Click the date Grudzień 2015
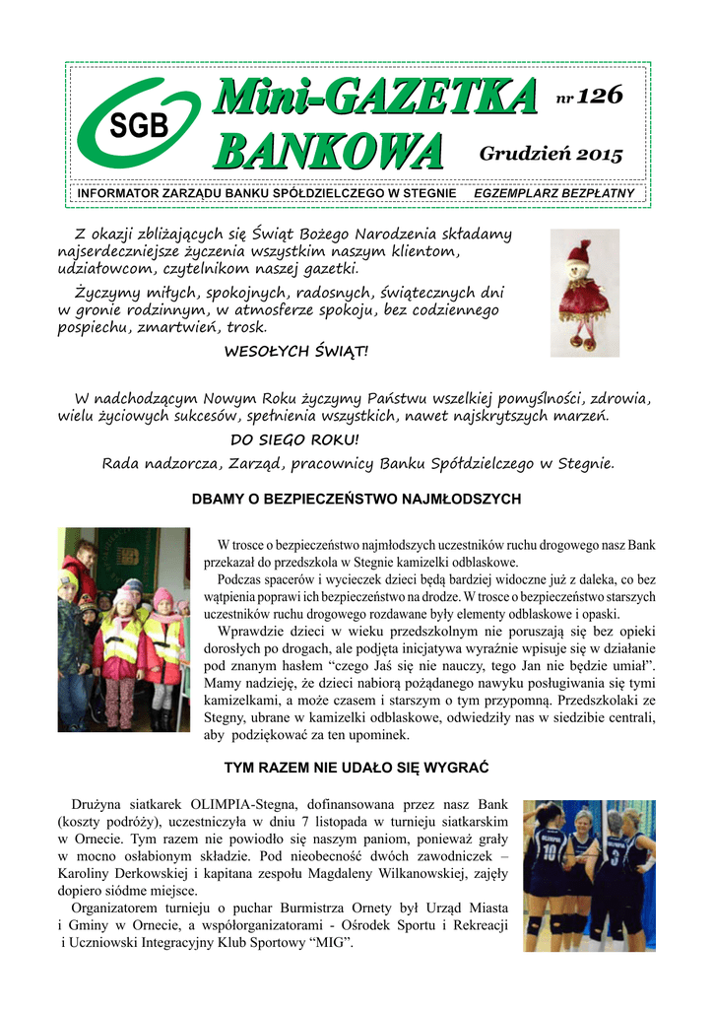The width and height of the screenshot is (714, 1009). coord(551,155)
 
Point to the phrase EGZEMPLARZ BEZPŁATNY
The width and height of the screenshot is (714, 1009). coord(554,193)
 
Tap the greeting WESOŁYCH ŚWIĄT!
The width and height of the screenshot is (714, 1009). coord(296,351)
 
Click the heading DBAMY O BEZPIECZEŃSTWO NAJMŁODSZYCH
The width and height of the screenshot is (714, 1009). coord(356,500)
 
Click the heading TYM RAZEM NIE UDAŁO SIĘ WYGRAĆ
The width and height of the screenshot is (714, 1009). coord(357,766)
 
